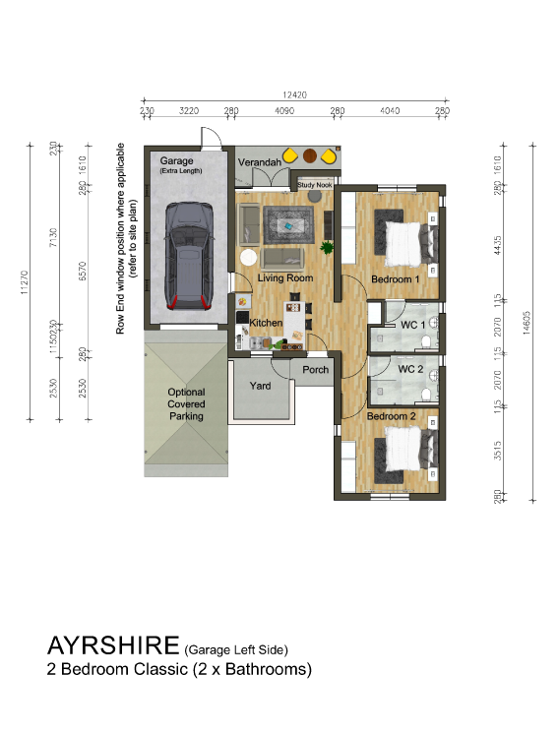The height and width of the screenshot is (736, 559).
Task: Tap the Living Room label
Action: click(x=284, y=278)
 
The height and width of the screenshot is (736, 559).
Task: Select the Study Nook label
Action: click(x=316, y=183)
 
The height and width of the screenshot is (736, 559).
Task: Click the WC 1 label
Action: click(x=411, y=325)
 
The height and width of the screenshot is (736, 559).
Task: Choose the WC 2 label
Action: click(x=410, y=369)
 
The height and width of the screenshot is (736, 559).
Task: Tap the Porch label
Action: click(x=316, y=370)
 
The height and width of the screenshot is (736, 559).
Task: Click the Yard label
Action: click(x=260, y=386)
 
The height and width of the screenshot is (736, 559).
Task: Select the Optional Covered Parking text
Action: click(x=186, y=404)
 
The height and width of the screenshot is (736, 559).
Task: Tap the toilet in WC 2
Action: click(x=425, y=394)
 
